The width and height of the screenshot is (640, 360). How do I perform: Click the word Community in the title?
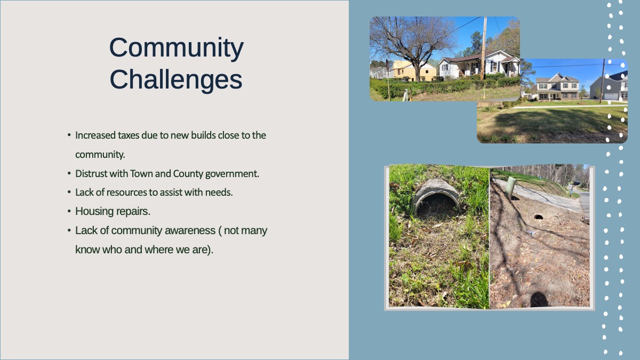coord(177,48)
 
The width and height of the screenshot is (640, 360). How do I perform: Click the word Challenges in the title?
coord(176,79)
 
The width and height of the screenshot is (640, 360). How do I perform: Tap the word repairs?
coord(133,212)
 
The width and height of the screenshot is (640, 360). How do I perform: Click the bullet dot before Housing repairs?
coord(69,211)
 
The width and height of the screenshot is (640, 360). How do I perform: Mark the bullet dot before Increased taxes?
coord(69,135)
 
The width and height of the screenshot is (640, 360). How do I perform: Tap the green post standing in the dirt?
coord(510,187)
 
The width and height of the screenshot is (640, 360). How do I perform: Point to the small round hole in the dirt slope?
coord(539,218)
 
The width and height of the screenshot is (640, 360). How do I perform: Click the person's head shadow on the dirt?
coord(539,299)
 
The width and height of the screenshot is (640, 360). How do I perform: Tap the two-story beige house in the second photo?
coord(557,86)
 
